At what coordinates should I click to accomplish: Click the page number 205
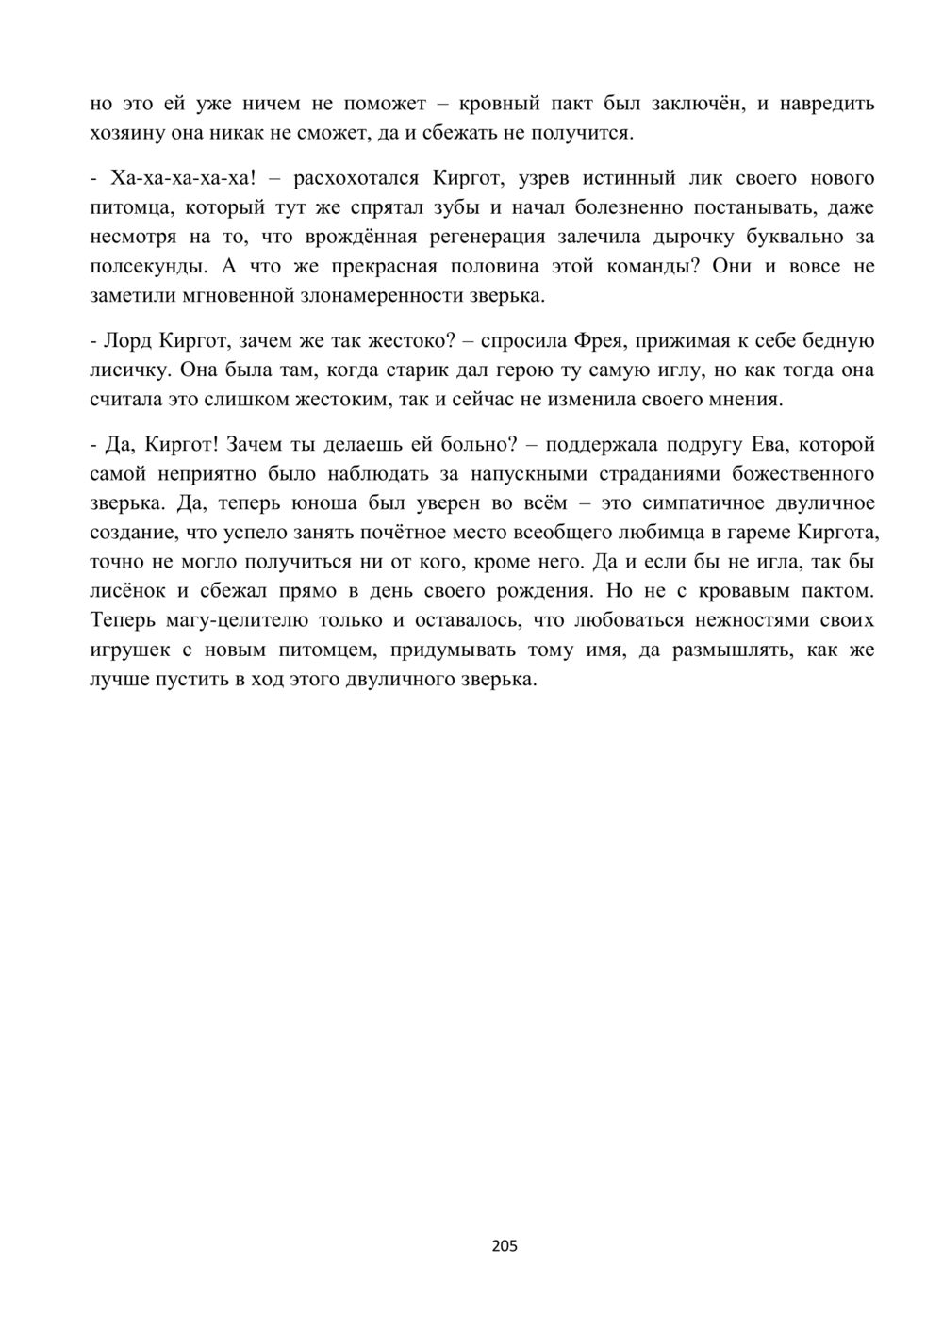[x=505, y=1246]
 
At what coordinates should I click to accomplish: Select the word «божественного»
[x=792, y=473]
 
